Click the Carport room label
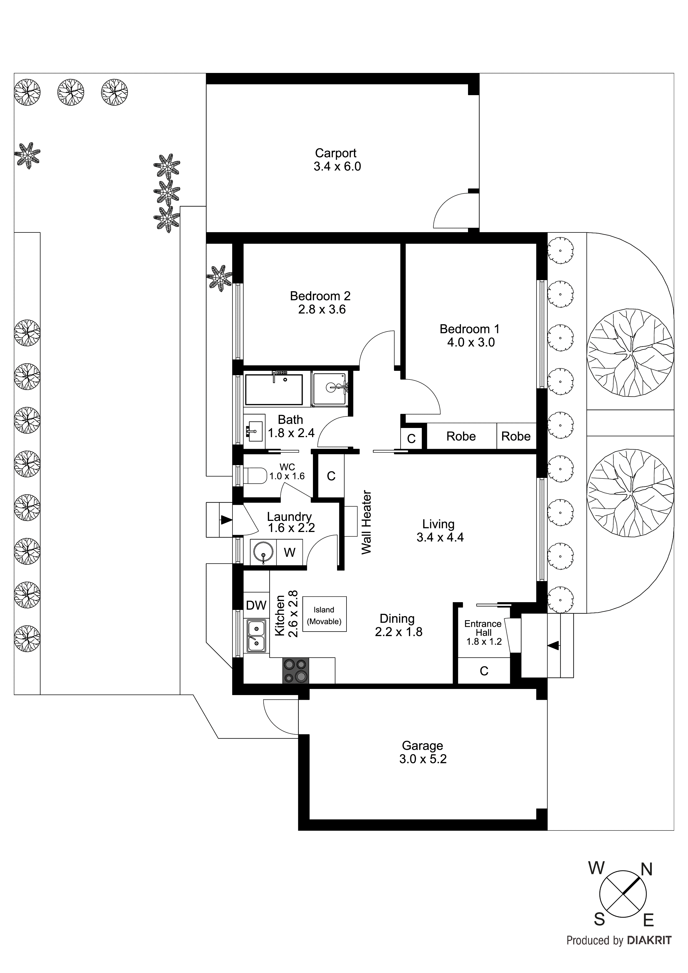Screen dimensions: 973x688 click(x=335, y=153)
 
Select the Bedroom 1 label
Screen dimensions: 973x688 click(x=469, y=329)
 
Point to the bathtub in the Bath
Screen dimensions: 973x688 click(x=274, y=389)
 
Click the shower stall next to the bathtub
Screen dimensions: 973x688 click(x=330, y=389)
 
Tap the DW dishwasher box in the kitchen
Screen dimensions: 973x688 click(x=256, y=605)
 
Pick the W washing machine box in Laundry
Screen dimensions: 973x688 click(x=290, y=552)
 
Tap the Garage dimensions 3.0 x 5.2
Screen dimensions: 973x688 click(x=423, y=759)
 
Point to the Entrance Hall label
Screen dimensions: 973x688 click(x=483, y=628)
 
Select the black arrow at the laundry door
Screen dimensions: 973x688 click(x=226, y=520)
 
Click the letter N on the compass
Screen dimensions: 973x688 click(x=646, y=870)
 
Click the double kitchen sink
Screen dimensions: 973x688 click(x=256, y=636)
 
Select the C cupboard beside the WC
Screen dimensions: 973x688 click(x=331, y=476)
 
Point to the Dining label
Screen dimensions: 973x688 click(x=397, y=619)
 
